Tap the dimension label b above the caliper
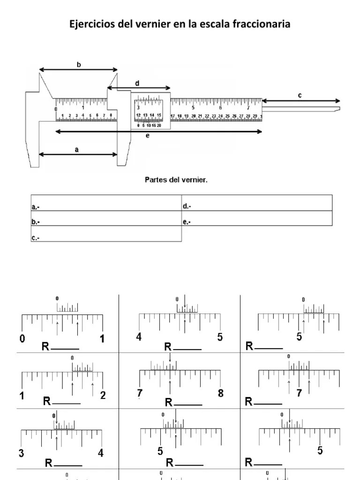pyautogui.click(x=79, y=65)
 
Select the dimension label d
pyautogui.click(x=137, y=83)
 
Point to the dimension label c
pyautogui.click(x=300, y=96)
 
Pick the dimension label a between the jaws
pyautogui.click(x=77, y=150)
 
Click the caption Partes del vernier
pyautogui.click(x=180, y=180)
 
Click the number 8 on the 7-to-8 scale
pyautogui.click(x=221, y=394)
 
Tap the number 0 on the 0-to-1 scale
pyautogui.click(x=22, y=339)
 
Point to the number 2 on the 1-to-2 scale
pyautogui.click(x=103, y=395)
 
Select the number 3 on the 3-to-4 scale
pyautogui.click(x=21, y=453)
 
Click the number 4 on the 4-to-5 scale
pyautogui.click(x=139, y=337)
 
